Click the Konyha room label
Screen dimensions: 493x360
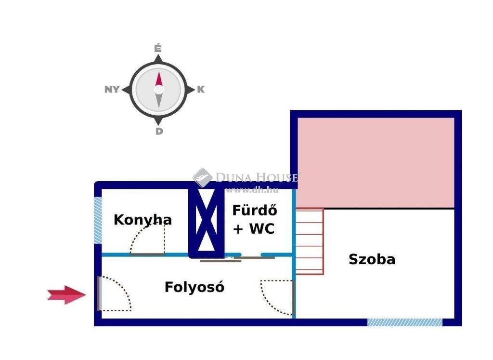[x=143, y=220]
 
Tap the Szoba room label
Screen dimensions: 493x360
[x=372, y=259]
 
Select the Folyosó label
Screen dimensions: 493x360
[x=195, y=287]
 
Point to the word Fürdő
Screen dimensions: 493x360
[x=255, y=210]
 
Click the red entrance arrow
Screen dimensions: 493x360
[x=66, y=295]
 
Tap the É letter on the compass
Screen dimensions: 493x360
[x=158, y=49]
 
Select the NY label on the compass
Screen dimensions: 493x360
[x=112, y=89]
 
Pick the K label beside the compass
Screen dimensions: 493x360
[x=201, y=90]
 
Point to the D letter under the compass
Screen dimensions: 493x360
[x=159, y=131]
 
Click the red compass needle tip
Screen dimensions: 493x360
[x=159, y=72]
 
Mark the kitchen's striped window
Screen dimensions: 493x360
[x=98, y=220]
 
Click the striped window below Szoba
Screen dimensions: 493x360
[x=405, y=322]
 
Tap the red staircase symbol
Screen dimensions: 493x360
[x=310, y=241]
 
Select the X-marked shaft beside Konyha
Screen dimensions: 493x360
[x=206, y=223]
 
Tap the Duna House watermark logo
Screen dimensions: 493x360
[x=203, y=177]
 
